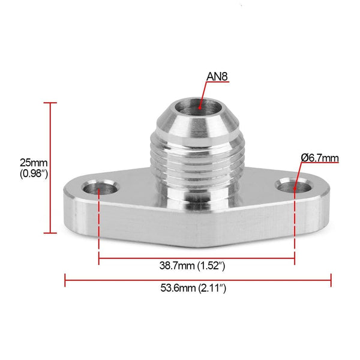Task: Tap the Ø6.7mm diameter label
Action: click(x=320, y=158)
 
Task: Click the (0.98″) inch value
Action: click(x=34, y=174)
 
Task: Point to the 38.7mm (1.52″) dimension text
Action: click(x=197, y=265)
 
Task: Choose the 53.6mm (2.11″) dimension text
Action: click(x=197, y=289)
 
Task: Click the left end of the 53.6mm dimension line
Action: click(x=65, y=278)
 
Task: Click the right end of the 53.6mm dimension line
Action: click(x=331, y=278)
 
